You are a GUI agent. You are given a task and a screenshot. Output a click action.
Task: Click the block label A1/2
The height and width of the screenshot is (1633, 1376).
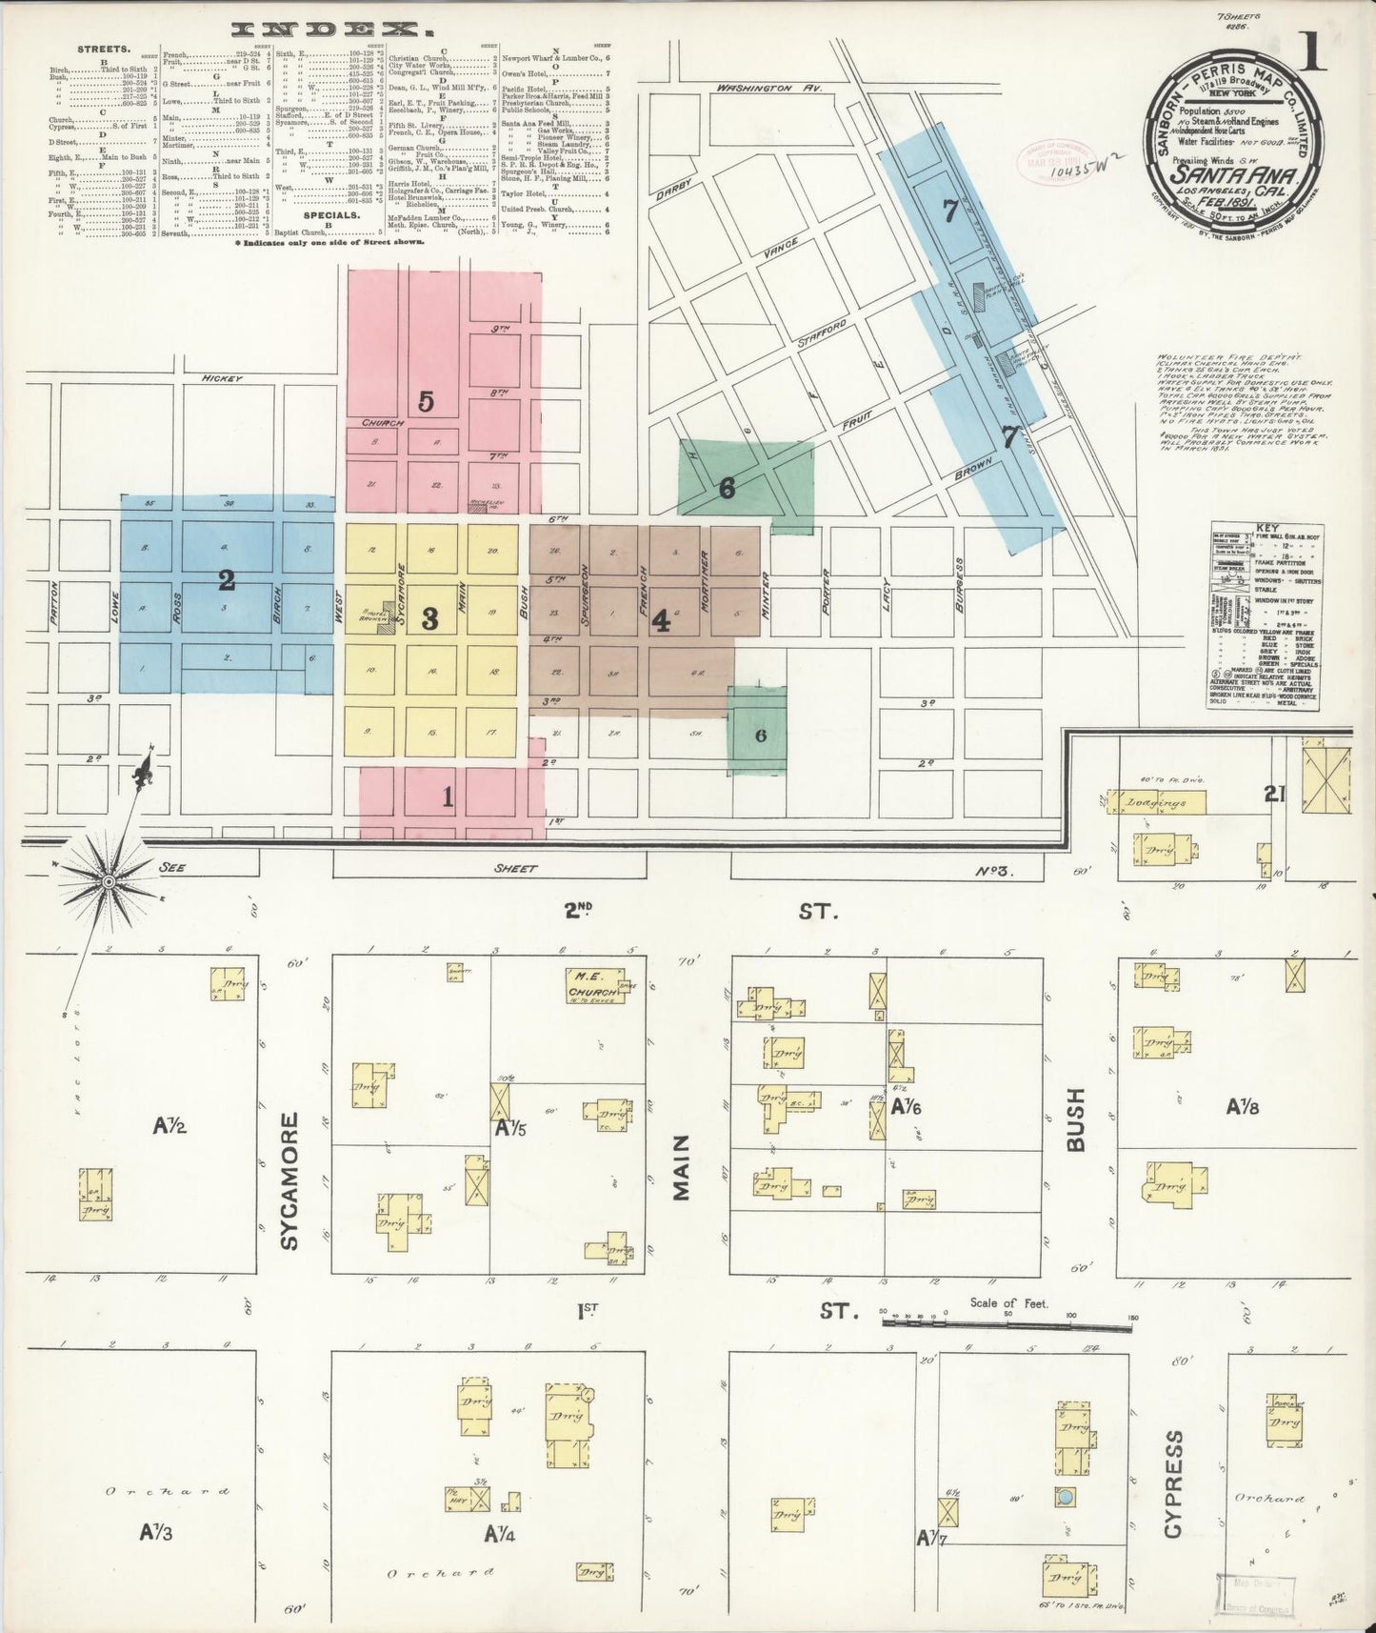170,1127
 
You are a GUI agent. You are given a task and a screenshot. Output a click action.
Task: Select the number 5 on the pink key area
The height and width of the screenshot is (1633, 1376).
426,401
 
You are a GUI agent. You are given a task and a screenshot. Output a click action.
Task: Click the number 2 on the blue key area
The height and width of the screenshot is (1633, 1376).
227,579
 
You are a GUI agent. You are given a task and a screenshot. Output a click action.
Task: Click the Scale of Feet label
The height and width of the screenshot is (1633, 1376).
1008,1302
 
